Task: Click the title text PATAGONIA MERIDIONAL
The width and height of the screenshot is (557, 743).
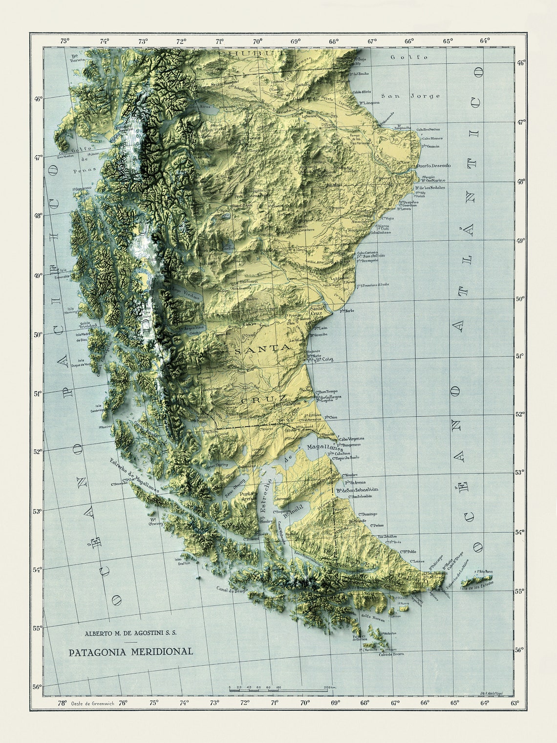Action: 130,652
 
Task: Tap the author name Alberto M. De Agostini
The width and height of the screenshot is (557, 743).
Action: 130,633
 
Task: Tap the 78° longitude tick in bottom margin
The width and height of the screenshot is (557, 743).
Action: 62,703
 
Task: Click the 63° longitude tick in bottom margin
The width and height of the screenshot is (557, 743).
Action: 514,703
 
